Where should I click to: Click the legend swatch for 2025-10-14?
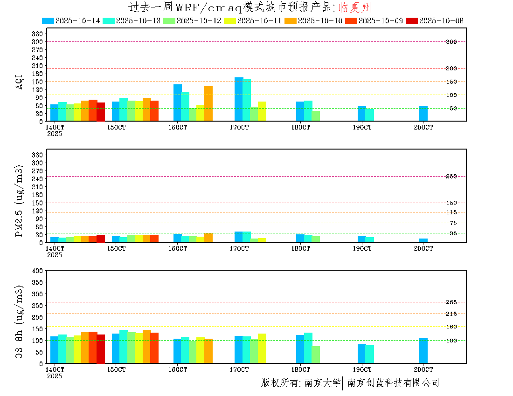48,20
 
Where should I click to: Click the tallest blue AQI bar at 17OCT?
239,99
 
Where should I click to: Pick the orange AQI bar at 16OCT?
208,103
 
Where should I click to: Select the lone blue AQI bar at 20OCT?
423,114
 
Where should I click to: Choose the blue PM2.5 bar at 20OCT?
423,240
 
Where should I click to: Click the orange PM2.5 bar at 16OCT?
208,238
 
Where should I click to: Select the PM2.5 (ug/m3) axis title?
20,200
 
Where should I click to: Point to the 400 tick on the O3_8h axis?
37,271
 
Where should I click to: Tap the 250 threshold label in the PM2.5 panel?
451,176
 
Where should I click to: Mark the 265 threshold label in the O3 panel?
451,302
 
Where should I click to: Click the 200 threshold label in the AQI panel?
451,68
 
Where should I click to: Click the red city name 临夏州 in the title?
354,7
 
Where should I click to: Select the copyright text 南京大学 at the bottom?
322,383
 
